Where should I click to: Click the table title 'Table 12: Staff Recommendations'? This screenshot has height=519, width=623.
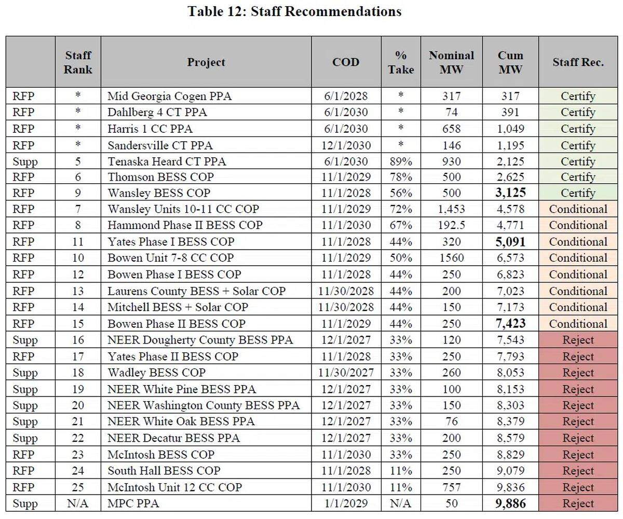(294, 11)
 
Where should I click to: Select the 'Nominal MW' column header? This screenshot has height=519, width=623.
(451, 62)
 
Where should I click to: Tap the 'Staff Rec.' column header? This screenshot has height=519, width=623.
(578, 62)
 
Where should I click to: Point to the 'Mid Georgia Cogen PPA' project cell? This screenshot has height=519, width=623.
(169, 96)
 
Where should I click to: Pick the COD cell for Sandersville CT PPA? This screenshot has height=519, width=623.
(346, 145)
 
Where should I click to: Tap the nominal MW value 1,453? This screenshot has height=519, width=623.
(451, 209)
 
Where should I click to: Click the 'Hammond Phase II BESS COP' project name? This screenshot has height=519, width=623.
(185, 225)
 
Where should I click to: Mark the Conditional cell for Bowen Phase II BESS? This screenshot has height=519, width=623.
(578, 324)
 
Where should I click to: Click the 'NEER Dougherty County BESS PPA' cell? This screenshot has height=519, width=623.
(200, 340)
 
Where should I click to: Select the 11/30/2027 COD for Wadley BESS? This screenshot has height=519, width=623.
(346, 373)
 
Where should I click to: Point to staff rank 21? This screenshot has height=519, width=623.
(78, 421)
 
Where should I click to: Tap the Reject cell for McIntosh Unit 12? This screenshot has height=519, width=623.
(578, 487)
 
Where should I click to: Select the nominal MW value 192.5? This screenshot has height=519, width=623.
(451, 225)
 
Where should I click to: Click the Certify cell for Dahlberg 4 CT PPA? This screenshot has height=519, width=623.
(578, 112)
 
